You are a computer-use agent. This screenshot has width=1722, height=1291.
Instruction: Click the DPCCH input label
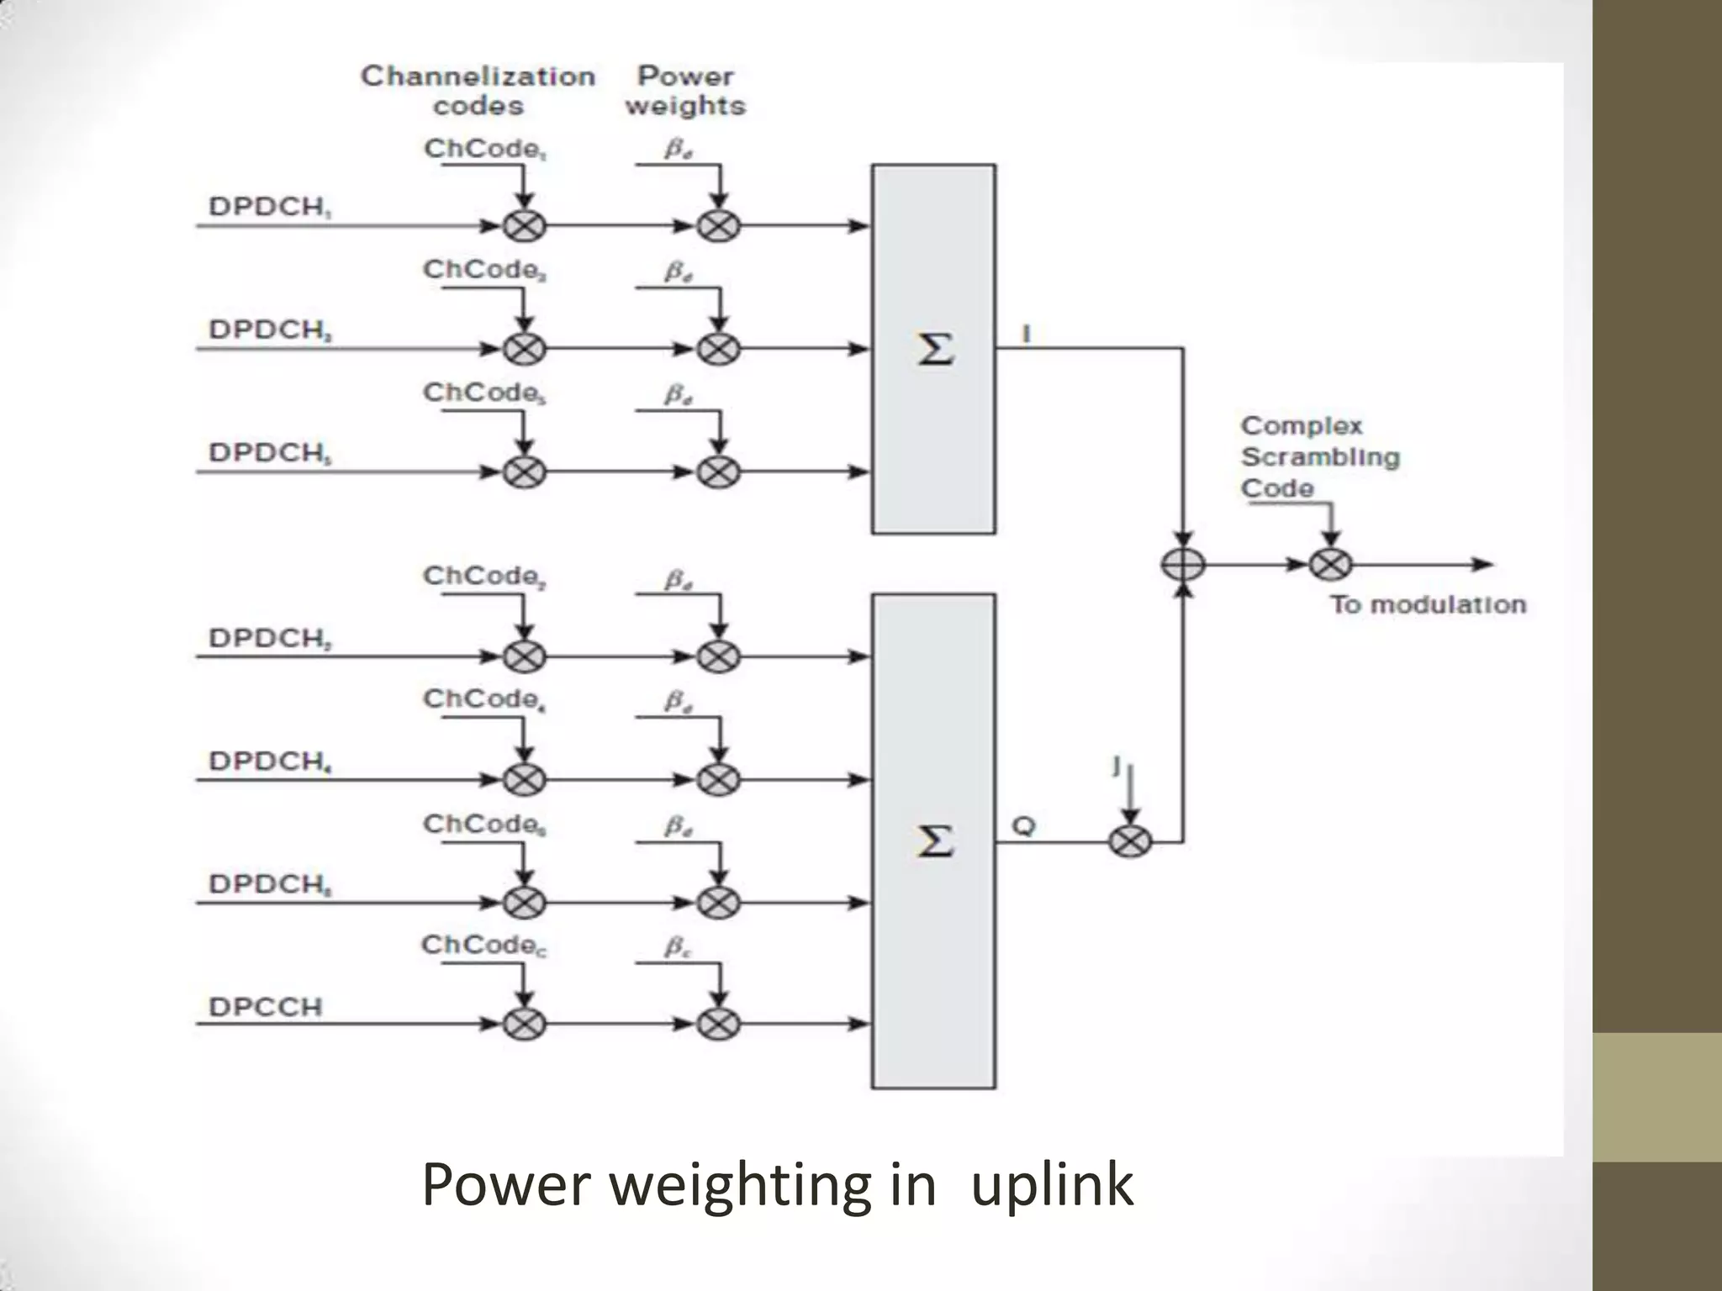(x=265, y=1006)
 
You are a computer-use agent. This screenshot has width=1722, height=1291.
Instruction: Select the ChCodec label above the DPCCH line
(x=483, y=946)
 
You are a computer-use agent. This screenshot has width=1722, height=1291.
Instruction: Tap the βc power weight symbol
(x=677, y=947)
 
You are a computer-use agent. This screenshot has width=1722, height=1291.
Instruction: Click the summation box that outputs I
(x=933, y=349)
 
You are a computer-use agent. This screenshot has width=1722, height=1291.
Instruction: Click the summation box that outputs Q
(x=933, y=840)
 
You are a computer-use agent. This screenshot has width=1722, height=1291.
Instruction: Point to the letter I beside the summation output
(x=1026, y=335)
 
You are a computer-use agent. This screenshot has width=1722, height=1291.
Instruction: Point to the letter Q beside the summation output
(x=1023, y=826)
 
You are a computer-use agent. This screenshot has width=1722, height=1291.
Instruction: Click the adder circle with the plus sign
(x=1183, y=565)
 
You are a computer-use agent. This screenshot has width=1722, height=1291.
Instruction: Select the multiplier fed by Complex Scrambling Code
(x=1330, y=565)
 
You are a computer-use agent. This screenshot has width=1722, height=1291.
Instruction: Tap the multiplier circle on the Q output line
(x=1130, y=841)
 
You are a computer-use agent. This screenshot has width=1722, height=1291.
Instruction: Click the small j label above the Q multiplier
(x=1117, y=765)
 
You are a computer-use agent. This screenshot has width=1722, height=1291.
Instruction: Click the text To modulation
(x=1428, y=604)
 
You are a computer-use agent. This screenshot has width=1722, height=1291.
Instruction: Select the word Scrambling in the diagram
(x=1320, y=457)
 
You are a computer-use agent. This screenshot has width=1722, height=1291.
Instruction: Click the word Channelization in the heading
(x=478, y=76)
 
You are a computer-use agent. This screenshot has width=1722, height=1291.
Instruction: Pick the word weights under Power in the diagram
(x=685, y=106)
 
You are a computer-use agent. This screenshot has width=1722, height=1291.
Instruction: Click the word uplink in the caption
(x=1051, y=1185)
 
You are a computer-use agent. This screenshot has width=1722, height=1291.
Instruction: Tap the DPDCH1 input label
(x=269, y=207)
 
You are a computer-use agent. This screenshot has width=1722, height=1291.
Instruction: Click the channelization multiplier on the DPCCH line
(x=524, y=1024)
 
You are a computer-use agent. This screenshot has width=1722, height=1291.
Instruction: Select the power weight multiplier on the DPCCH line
(x=718, y=1024)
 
